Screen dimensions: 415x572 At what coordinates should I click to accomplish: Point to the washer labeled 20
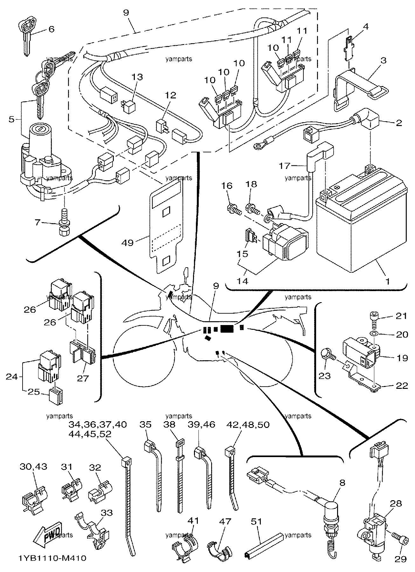coord(374,334)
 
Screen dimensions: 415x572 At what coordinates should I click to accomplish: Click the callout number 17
coord(285,166)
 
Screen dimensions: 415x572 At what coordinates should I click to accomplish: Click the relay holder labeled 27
coord(82,353)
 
